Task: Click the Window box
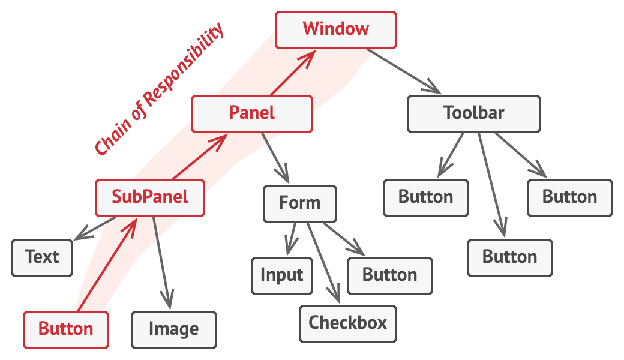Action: pyautogui.click(x=336, y=29)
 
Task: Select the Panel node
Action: pyautogui.click(x=252, y=113)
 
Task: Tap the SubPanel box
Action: pyautogui.click(x=150, y=197)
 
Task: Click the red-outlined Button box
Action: pyautogui.click(x=66, y=329)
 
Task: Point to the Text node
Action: pyautogui.click(x=42, y=257)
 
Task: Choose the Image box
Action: pyautogui.click(x=174, y=329)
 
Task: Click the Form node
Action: pyautogui.click(x=300, y=203)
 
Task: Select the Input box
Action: pyautogui.click(x=282, y=275)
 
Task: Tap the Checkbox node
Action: pyautogui.click(x=348, y=323)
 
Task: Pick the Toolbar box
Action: pyautogui.click(x=474, y=113)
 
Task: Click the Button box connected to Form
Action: pyautogui.click(x=390, y=275)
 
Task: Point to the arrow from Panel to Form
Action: pyautogui.click(x=276, y=158)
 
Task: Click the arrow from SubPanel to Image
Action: pyautogui.click(x=162, y=258)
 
